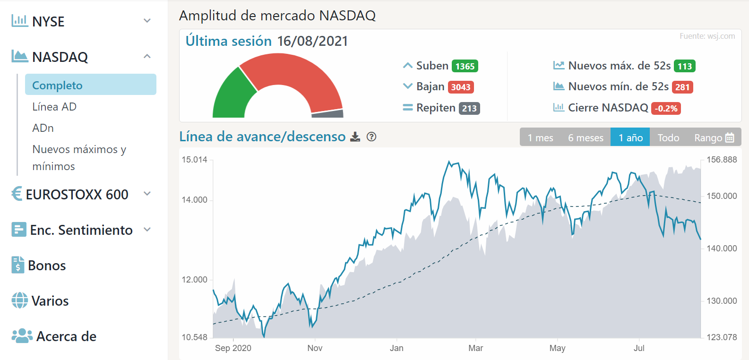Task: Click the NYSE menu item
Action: coord(48,21)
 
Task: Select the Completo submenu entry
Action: coord(57,85)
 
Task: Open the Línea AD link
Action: coord(54,107)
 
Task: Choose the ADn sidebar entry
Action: coord(43,128)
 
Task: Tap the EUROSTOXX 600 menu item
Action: coord(77,194)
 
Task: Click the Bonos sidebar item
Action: coord(46,266)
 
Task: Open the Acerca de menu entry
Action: coord(66,336)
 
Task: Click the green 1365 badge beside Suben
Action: coord(465,66)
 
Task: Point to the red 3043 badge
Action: coord(460,87)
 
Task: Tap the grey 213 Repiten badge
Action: coord(469,108)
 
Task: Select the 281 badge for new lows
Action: coord(682,87)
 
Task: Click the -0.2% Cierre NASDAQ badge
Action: coord(666,108)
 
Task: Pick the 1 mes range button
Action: coord(540,137)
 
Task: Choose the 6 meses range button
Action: coord(585,137)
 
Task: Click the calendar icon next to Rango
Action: coord(730,137)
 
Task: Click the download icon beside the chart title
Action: coord(355,137)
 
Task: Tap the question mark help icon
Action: coord(371,137)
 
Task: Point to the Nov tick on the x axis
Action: coord(315,348)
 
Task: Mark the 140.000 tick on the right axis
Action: coord(722,249)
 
